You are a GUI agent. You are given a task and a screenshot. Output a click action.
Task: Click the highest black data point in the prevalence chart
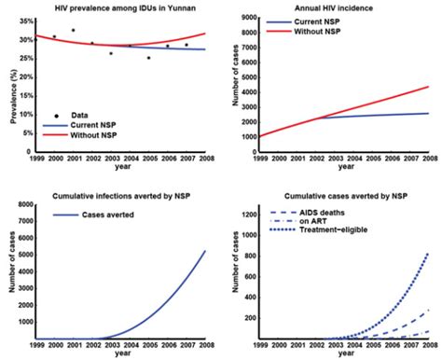pos(73,31)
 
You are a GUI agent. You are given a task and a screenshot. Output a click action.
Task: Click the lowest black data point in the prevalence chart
pos(148,58)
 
